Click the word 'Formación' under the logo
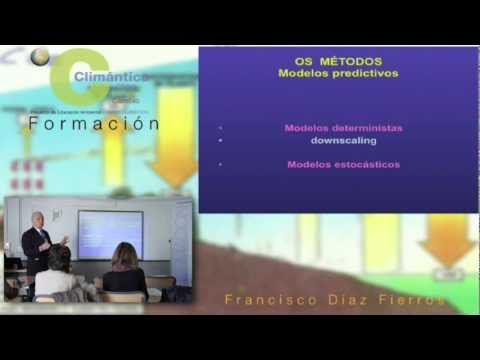[94, 124]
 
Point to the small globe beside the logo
[40, 57]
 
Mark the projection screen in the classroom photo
[110, 233]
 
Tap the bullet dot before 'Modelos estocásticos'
[220, 164]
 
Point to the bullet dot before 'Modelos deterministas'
[220, 128]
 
